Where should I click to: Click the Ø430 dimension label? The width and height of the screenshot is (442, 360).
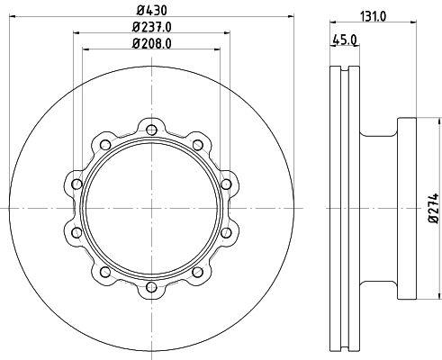[x=151, y=11]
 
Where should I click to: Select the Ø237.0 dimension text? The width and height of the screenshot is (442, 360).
[x=151, y=28]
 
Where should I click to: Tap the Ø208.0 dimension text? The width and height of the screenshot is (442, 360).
[x=151, y=44]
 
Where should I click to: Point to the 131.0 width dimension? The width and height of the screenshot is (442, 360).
[x=373, y=17]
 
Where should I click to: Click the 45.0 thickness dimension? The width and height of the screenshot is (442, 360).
[x=344, y=40]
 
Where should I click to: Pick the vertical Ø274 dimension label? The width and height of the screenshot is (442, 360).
[x=433, y=208]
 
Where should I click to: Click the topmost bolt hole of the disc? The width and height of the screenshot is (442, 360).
[x=151, y=130]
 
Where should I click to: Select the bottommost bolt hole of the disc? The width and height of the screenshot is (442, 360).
[x=151, y=287]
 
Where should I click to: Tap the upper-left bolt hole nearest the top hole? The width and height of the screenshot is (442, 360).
[x=105, y=145]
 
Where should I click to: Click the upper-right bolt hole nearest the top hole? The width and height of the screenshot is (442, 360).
[x=198, y=145]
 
